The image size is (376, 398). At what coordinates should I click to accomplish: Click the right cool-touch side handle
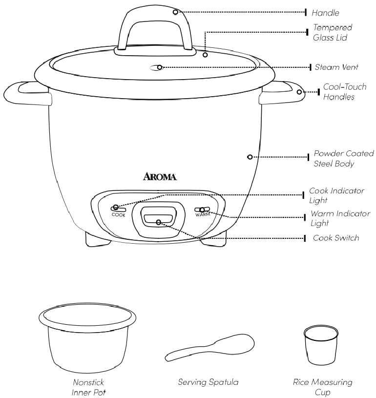click(x=283, y=93)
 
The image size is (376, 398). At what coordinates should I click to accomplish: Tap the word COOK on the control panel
click(x=118, y=214)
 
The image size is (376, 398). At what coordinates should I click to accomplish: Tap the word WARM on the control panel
click(x=202, y=214)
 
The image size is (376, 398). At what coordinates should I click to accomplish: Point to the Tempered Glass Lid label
click(x=333, y=33)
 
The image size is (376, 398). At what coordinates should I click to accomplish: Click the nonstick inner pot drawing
click(x=86, y=337)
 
